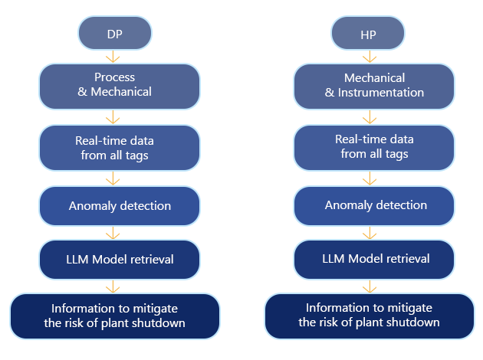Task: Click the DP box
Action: pyautogui.click(x=115, y=34)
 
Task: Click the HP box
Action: pyautogui.click(x=368, y=34)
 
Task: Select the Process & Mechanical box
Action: pyautogui.click(x=119, y=85)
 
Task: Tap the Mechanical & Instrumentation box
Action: pyautogui.click(x=374, y=85)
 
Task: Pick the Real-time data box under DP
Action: pyautogui.click(x=119, y=148)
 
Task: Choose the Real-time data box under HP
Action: pyautogui.click(x=374, y=147)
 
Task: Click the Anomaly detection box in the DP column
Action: pyautogui.click(x=119, y=206)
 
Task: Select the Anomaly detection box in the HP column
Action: pyautogui.click(x=374, y=205)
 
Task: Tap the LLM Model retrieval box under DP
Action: pyautogui.click(x=119, y=259)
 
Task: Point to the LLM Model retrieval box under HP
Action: pyautogui.click(x=374, y=259)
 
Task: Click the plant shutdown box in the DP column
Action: pyautogui.click(x=115, y=316)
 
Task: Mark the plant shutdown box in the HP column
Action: pyautogui.click(x=369, y=315)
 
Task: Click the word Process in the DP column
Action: pyautogui.click(x=114, y=77)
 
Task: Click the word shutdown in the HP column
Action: pyautogui.click(x=414, y=322)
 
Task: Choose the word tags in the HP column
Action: pyautogui.click(x=396, y=154)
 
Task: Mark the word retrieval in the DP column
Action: pyautogui.click(x=150, y=259)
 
